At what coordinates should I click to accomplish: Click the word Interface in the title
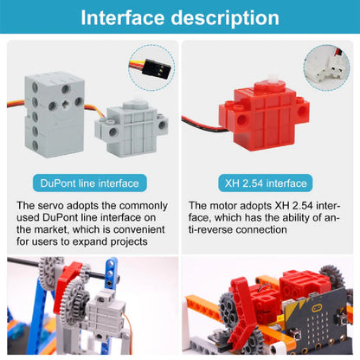click(123, 18)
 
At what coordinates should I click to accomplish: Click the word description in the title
click(225, 18)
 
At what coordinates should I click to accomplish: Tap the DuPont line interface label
click(90, 183)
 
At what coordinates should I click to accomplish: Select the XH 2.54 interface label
click(266, 183)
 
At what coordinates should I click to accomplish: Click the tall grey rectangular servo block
click(55, 114)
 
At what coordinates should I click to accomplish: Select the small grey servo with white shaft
click(132, 127)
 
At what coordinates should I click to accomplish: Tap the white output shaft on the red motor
click(272, 79)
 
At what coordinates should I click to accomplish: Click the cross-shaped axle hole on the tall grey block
click(66, 104)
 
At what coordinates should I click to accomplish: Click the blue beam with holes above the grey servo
click(111, 273)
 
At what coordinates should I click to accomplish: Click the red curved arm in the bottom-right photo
click(243, 312)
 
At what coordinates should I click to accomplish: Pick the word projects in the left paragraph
click(129, 242)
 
